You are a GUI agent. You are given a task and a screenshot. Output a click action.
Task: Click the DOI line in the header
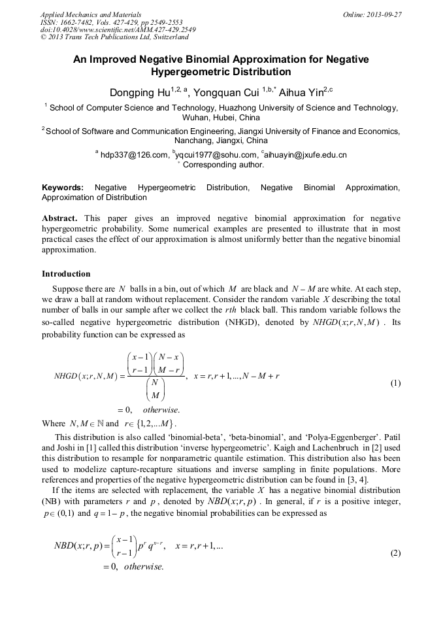tap(118, 30)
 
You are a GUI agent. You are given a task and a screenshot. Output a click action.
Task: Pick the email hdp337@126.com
tap(134, 155)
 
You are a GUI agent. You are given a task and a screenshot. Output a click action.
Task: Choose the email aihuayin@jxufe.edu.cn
tap(306, 155)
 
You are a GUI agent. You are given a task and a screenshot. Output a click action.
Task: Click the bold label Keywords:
tap(63, 188)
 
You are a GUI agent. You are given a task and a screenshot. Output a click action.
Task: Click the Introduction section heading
tap(66, 273)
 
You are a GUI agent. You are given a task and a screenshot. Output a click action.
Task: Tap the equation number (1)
tap(395, 383)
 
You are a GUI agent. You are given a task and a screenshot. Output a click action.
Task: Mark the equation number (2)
tap(395, 553)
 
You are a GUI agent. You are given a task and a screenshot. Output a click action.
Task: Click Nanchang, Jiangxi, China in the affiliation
tap(221, 140)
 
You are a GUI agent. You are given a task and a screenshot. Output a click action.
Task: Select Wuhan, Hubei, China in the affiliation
tap(221, 118)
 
